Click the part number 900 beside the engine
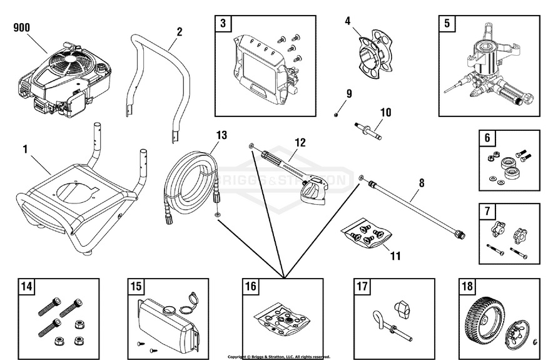(x=21, y=28)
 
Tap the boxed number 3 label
(x=223, y=23)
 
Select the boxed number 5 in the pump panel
(x=447, y=23)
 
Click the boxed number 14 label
(x=26, y=287)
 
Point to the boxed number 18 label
(x=467, y=287)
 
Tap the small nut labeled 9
(x=336, y=114)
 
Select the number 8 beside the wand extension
(x=421, y=183)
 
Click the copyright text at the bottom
(x=278, y=357)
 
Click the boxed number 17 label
(x=362, y=287)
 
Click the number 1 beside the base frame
(x=25, y=149)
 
